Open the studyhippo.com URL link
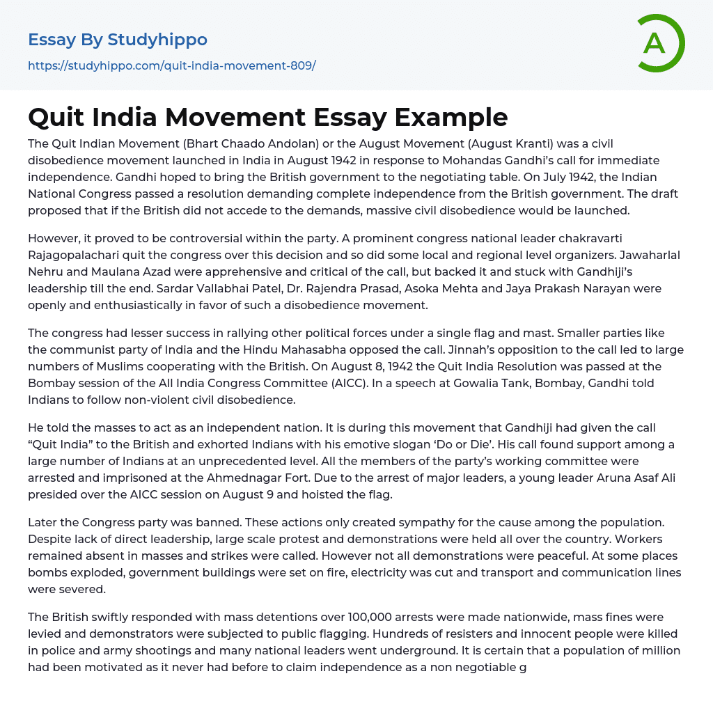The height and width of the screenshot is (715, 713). click(x=171, y=65)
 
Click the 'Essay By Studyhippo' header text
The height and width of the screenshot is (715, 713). click(x=118, y=40)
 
